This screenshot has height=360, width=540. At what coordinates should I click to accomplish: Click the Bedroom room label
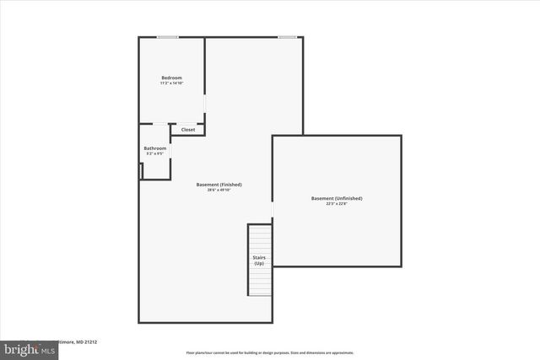171,78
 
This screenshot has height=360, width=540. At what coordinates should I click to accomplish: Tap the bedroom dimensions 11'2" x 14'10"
171,83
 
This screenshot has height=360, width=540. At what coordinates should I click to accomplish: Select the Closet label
188,130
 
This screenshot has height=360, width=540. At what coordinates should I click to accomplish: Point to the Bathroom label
155,148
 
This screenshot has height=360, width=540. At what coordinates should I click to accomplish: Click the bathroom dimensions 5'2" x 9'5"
155,153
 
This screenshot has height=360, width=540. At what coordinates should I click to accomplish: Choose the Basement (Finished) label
219,185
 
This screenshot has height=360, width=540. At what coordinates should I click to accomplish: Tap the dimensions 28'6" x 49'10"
219,190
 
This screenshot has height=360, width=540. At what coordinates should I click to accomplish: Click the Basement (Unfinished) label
337,198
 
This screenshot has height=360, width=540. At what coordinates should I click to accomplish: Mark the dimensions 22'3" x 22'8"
337,203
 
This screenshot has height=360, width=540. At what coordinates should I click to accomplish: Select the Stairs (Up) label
259,261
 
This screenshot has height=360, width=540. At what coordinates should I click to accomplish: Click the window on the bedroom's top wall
168,36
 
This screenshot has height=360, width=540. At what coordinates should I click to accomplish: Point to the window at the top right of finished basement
288,36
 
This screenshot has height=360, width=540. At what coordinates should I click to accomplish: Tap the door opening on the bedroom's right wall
204,103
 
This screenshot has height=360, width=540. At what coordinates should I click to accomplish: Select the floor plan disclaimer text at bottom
269,352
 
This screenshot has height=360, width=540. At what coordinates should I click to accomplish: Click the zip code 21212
90,342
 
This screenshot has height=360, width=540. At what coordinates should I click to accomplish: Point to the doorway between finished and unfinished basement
272,211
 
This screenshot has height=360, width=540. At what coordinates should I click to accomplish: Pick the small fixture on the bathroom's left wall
141,169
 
